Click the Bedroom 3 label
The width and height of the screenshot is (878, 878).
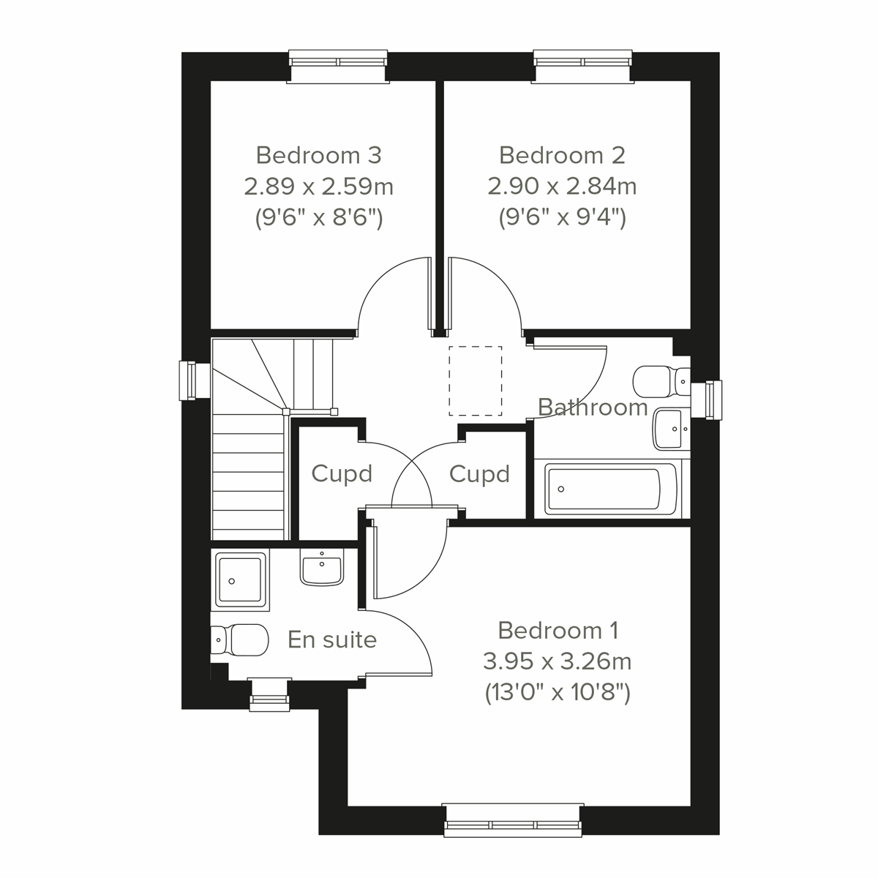tap(318, 155)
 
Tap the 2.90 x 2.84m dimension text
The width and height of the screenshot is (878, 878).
tap(562, 187)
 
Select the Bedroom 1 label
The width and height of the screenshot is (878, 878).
tap(558, 630)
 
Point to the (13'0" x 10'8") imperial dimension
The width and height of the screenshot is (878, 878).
tap(558, 692)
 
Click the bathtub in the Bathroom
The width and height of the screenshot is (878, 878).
tap(607, 489)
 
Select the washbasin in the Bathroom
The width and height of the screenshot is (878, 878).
tap(670, 427)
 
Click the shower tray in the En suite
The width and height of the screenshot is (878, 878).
tap(240, 580)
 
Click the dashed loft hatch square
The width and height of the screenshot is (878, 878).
tap(476, 380)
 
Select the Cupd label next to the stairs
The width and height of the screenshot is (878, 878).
tap(342, 474)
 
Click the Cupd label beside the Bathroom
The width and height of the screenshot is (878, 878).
tap(479, 474)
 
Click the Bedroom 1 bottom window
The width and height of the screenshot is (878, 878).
tap(513, 819)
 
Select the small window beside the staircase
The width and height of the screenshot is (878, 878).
tap(190, 380)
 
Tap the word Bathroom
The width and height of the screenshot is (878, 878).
tap(593, 407)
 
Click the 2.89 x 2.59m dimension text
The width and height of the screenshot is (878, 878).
tap(318, 187)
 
